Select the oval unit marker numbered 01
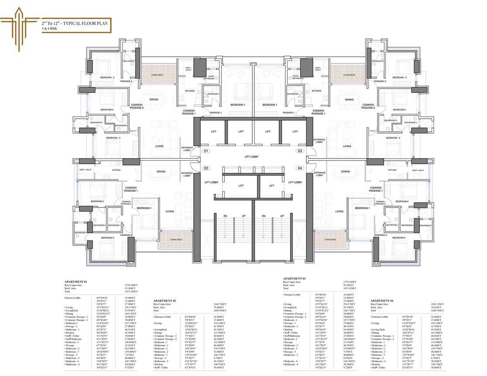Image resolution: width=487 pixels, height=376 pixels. [x=206, y=151]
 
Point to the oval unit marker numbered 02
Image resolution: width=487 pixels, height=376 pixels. [x=206, y=168]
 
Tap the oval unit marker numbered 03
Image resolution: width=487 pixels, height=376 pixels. [x=300, y=151]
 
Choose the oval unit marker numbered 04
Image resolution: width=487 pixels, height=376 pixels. [x=300, y=168]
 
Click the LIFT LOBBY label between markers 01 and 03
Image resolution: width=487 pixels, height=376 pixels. [x=253, y=155]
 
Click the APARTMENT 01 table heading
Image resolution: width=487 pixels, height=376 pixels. [x=76, y=282]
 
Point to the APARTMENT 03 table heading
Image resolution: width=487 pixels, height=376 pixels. [x=295, y=278]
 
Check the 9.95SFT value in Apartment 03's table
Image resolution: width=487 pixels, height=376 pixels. [x=350, y=358]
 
